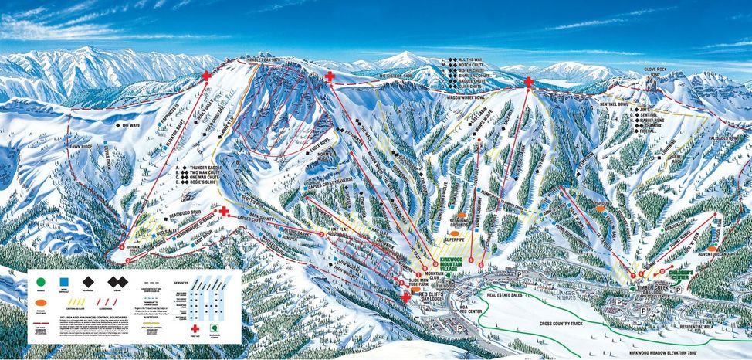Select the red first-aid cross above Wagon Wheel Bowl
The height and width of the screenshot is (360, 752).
click(528, 82)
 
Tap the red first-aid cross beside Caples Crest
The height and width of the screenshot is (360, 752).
click(224, 211)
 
